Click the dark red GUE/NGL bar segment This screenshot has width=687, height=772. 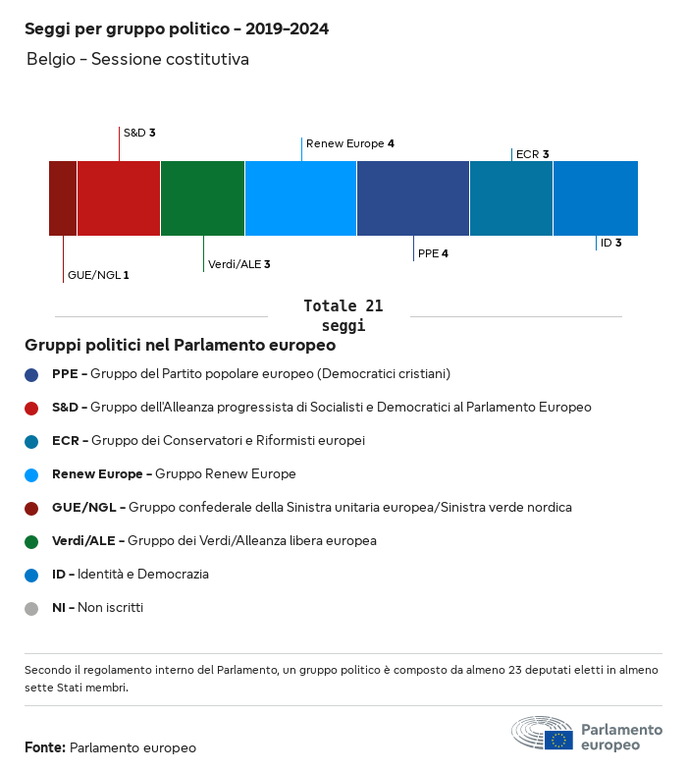point(63,198)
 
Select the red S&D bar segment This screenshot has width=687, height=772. point(119,198)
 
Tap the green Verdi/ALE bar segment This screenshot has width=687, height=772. point(202,198)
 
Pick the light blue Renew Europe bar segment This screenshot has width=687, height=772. point(300,198)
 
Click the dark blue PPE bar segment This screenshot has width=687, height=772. point(413,198)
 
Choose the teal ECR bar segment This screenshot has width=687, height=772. point(511,198)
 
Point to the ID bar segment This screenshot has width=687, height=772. point(596,198)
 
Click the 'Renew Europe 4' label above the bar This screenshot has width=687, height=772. point(349,143)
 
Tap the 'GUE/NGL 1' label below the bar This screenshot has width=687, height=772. point(98,275)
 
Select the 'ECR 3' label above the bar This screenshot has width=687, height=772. point(532,154)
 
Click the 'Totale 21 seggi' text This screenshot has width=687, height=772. point(343,315)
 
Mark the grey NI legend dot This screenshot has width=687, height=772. point(31,608)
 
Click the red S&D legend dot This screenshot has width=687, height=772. point(31,408)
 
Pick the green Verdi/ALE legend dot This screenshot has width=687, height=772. point(31,541)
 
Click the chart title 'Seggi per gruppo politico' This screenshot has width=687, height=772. point(177,29)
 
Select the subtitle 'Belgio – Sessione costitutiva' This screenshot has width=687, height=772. point(137,60)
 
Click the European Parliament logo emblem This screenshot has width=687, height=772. point(542,734)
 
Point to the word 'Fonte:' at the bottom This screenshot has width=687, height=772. point(45,748)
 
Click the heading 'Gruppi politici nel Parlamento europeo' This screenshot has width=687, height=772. point(181,346)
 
